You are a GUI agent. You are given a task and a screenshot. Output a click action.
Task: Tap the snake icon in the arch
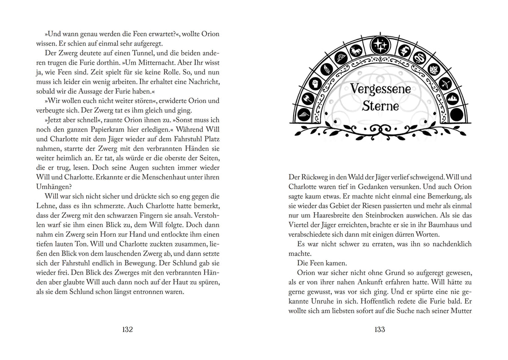(x=421, y=58)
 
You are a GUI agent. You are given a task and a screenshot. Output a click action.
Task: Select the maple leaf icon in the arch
(x=435, y=69)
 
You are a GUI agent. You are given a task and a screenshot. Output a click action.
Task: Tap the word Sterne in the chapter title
(x=380, y=106)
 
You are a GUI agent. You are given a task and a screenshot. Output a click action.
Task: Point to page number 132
(x=127, y=330)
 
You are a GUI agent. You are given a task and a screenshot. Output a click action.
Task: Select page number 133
(x=380, y=330)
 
